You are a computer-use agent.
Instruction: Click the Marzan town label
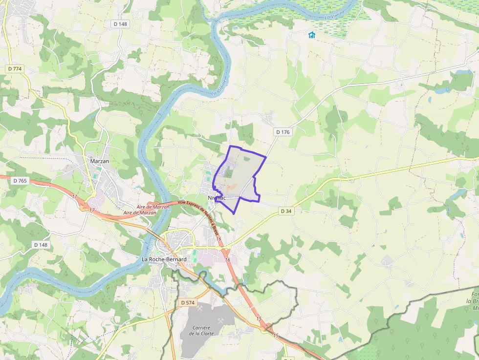pyautogui.click(x=100, y=161)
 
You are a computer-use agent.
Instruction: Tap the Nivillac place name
pyautogui.click(x=217, y=198)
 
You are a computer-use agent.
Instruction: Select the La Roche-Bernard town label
pyautogui.click(x=164, y=259)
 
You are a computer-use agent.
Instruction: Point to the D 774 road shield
pyautogui.click(x=15, y=69)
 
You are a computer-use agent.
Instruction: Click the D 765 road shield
pyautogui.click(x=20, y=181)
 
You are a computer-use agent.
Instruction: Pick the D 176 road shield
pyautogui.click(x=283, y=132)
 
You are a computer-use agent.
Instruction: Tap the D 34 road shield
pyautogui.click(x=286, y=211)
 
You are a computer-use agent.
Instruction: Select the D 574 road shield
pyautogui.click(x=187, y=303)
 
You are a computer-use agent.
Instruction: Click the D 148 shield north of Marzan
pyautogui.click(x=120, y=23)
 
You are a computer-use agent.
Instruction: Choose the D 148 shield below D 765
pyautogui.click(x=42, y=244)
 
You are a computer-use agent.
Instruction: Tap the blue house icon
pyautogui.click(x=311, y=35)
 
